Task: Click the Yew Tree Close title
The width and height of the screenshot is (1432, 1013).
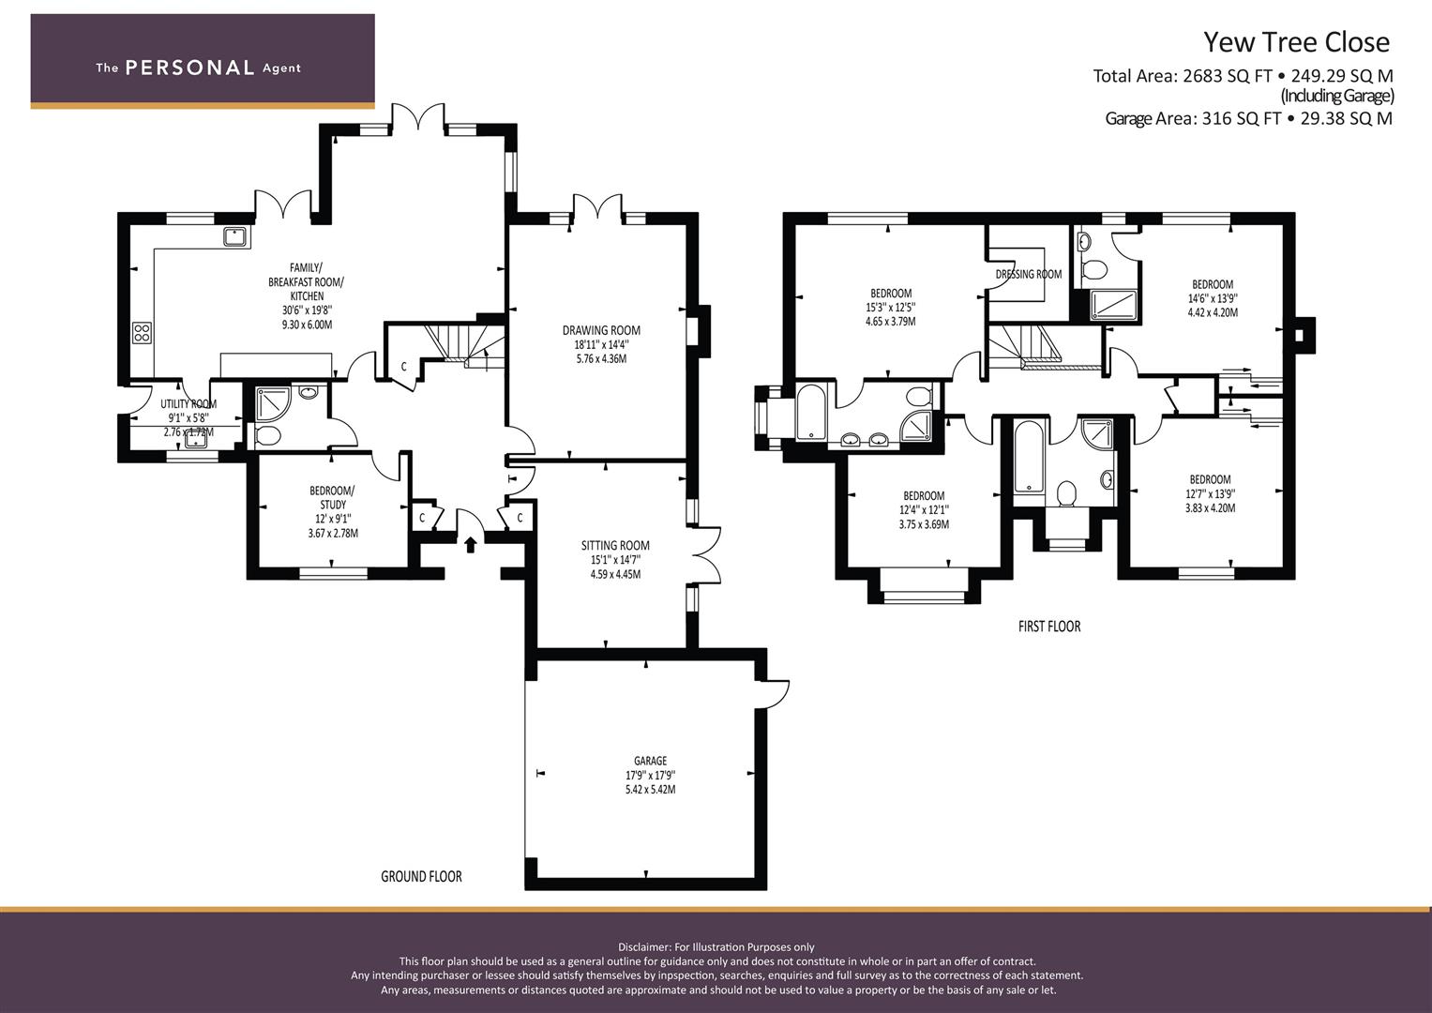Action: click(x=1296, y=43)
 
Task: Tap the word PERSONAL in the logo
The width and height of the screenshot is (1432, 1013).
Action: click(x=189, y=68)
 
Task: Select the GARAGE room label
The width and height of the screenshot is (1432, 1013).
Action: click(x=650, y=761)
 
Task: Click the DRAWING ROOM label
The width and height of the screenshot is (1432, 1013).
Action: click(x=601, y=330)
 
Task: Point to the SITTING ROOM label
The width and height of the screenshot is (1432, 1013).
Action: click(x=615, y=546)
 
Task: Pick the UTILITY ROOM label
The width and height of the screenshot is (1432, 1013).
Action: click(x=188, y=404)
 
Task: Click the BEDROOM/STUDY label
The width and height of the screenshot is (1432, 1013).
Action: click(x=332, y=497)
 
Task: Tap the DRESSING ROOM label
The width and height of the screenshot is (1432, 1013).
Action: click(x=1029, y=274)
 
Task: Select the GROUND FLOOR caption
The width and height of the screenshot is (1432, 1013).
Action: click(x=421, y=876)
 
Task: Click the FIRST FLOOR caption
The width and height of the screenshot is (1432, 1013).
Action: click(x=1049, y=627)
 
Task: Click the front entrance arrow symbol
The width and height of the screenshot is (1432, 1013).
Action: click(x=471, y=545)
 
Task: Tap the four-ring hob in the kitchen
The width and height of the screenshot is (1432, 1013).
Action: click(x=142, y=333)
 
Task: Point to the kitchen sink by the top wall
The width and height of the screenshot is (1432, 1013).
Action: click(x=235, y=237)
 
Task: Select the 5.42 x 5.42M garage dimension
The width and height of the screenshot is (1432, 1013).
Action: click(x=650, y=790)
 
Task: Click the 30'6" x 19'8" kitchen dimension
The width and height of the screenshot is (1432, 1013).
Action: click(x=307, y=310)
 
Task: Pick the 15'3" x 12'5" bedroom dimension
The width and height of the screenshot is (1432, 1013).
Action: click(x=891, y=308)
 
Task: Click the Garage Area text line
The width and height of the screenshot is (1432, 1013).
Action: click(x=1248, y=119)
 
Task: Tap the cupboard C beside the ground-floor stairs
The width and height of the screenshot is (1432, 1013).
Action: click(x=403, y=367)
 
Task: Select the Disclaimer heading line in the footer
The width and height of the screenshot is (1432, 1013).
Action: click(x=716, y=947)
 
